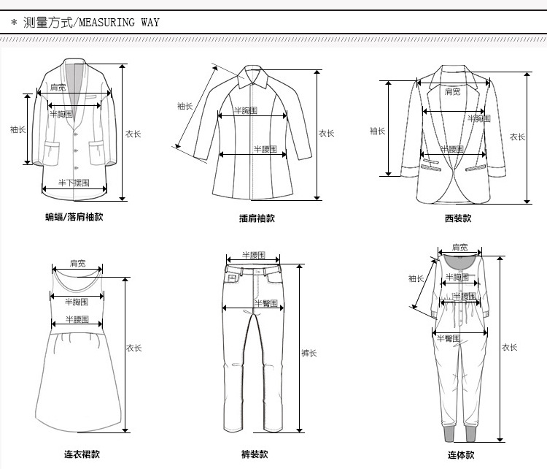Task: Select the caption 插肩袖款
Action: point(257,218)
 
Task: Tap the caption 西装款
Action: point(458,218)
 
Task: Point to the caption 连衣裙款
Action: point(82,454)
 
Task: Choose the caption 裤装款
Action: point(255,454)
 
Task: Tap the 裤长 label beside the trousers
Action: point(309,354)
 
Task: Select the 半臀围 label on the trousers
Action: point(264,303)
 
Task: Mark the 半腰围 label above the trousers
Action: point(252,256)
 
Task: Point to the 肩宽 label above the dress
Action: point(78,263)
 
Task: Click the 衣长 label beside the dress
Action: point(134,348)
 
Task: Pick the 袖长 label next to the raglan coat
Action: point(185,106)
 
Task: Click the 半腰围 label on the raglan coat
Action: point(265,149)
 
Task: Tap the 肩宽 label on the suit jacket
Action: point(453,92)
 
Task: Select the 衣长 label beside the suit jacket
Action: point(517,137)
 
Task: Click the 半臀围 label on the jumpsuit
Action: point(447,338)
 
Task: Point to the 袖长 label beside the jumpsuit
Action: point(416,278)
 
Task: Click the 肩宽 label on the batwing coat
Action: point(59,88)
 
